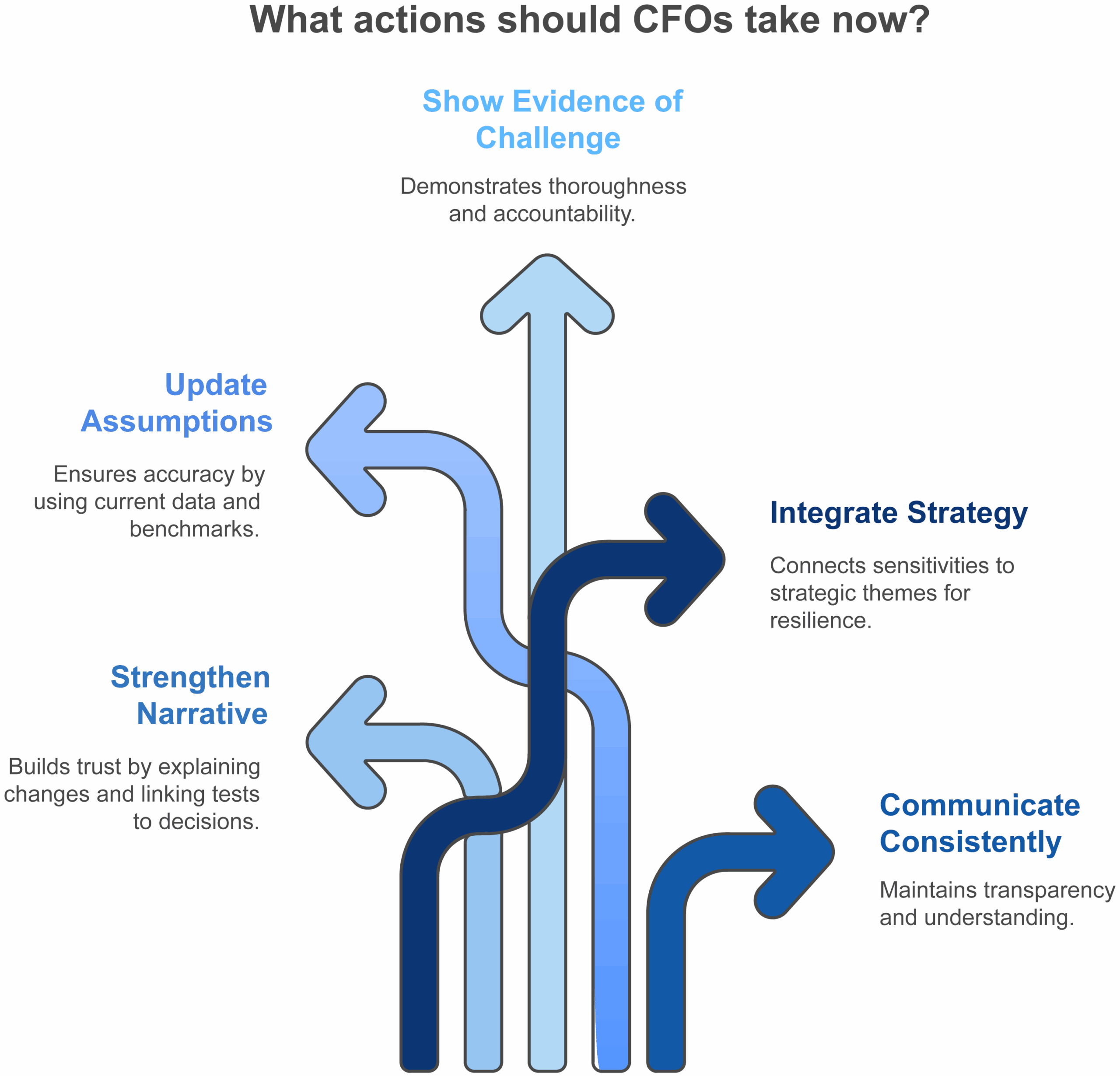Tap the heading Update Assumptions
[177, 403]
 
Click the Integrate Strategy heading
[898, 512]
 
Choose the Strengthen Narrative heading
[190, 695]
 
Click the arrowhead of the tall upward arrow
[547, 291]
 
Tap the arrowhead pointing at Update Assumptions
[343, 449]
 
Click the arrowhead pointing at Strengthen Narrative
[343, 742]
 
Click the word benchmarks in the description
[194, 529]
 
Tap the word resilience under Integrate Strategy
[820, 620]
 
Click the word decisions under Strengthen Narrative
[209, 821]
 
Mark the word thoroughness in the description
[617, 186]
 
